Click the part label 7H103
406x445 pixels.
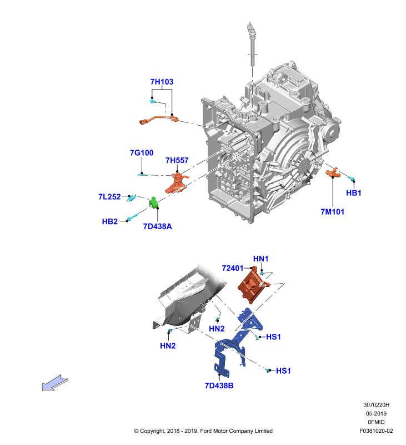point(162,82)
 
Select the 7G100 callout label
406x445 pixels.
point(142,152)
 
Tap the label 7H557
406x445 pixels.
point(177,160)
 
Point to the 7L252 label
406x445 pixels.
point(109,197)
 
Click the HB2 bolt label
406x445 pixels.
point(109,221)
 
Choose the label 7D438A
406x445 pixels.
point(158,226)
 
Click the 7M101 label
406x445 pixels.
point(332,212)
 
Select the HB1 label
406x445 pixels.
point(354,193)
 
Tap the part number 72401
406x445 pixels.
point(233,268)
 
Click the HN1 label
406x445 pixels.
point(260,259)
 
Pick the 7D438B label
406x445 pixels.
point(219,385)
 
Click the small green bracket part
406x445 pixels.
point(153,202)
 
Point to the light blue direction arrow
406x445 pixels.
point(55,383)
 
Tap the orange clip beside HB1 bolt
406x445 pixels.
point(332,172)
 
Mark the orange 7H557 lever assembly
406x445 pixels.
point(177,183)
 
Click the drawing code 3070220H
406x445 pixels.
point(376,405)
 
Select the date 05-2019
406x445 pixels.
point(376,413)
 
